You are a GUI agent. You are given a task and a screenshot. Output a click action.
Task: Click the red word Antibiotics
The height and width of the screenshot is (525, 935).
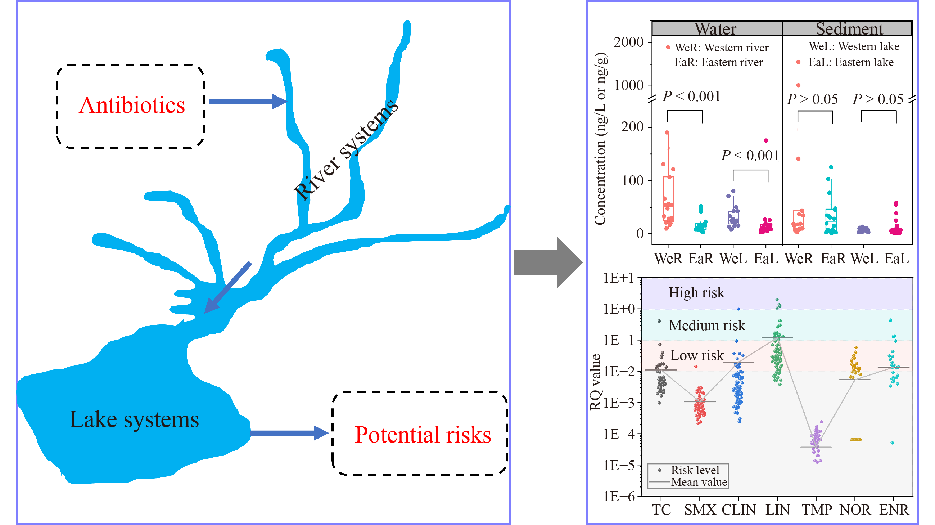click(132, 105)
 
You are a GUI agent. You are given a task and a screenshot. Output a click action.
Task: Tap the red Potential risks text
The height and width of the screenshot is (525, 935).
click(423, 435)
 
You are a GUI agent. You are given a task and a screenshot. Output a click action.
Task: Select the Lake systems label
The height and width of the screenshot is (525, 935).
click(134, 420)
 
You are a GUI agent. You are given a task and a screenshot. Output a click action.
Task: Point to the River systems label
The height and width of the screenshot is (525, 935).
click(345, 149)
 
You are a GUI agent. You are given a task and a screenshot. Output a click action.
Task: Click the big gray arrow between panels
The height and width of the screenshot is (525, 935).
click(548, 262)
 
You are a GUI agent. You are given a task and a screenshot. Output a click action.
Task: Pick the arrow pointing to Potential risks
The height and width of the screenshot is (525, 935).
click(289, 433)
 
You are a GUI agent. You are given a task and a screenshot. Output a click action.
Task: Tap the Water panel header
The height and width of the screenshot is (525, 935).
click(716, 29)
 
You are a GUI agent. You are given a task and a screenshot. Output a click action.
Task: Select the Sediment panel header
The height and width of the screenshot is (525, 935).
click(849, 29)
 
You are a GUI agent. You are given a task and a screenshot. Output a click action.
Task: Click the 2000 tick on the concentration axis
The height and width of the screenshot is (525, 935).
click(628, 42)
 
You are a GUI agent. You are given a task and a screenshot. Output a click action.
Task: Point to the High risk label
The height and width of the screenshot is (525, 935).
click(696, 293)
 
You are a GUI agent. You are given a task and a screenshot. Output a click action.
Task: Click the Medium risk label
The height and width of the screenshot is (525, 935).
click(707, 325)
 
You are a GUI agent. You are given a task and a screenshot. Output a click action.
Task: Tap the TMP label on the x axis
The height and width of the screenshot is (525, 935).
click(817, 510)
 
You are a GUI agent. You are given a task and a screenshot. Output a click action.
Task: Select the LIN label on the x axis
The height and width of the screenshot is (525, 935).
click(778, 510)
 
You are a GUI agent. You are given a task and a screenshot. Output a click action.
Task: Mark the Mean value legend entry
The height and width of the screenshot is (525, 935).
click(688, 482)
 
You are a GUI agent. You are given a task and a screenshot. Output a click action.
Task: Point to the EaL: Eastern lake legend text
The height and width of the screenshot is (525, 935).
click(850, 62)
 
